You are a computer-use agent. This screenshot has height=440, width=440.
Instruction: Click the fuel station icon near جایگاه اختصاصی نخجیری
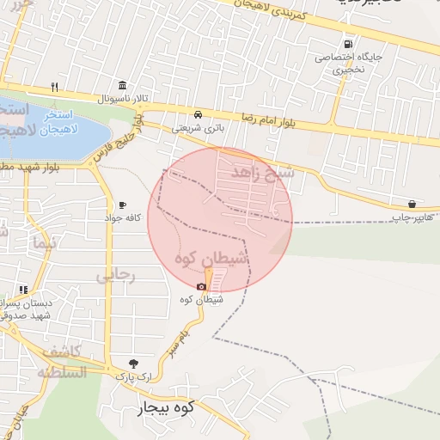(347, 44)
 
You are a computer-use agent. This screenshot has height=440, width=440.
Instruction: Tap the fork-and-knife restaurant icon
(54, 86)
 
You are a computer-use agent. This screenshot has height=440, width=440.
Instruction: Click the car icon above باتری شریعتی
(199, 114)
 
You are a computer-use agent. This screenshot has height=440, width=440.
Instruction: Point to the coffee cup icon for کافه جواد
(122, 205)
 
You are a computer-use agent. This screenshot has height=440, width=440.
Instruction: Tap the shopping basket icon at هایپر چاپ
(412, 205)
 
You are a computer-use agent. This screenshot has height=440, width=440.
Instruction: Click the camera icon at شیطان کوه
(202, 286)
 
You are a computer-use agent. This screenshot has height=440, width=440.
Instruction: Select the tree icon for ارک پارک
(132, 364)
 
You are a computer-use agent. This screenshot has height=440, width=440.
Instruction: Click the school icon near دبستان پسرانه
(23, 290)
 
